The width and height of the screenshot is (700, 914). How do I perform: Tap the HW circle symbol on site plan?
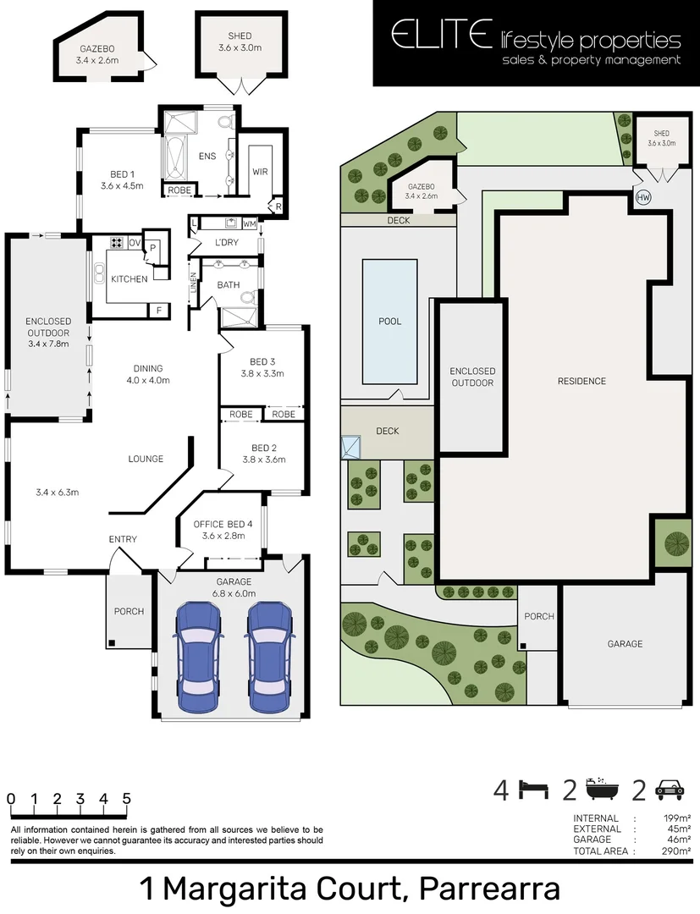point(643,197)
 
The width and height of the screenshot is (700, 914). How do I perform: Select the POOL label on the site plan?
point(390,322)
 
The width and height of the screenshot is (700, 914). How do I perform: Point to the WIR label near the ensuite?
point(260,171)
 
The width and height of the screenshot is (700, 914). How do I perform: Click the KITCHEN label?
point(129,279)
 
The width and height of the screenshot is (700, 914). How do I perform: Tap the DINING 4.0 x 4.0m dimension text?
point(147,380)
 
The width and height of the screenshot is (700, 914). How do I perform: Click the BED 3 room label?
point(262,361)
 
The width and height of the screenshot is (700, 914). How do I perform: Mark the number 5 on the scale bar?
point(126,798)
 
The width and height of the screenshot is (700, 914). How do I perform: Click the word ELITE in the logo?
point(440,36)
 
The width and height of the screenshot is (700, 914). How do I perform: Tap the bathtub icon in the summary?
point(600,790)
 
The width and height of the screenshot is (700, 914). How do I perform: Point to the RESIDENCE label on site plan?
point(581,381)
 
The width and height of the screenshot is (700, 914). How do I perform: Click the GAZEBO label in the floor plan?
point(97,50)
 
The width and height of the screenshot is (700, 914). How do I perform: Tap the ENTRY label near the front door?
point(123,539)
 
